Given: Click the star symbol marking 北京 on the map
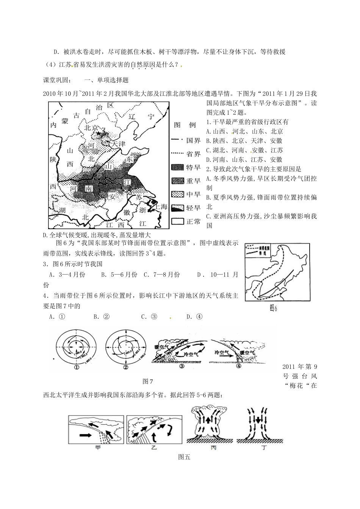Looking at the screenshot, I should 99,134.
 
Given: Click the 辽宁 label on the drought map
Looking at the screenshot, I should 141,117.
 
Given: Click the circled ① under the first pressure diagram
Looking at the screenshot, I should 76,367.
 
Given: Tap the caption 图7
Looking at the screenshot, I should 147,380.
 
